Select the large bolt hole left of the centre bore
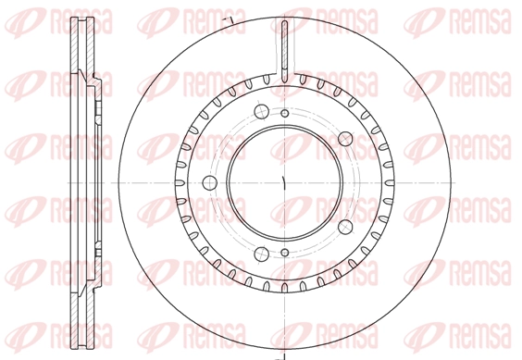[x=210, y=183]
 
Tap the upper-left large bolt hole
[x=261, y=111]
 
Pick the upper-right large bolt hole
[x=345, y=139]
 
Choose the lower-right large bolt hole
[x=345, y=227]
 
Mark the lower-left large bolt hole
[x=261, y=254]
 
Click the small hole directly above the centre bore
[x=285, y=114]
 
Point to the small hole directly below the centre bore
[x=285, y=253]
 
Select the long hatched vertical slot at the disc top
[x=285, y=51]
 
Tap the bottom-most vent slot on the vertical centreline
[x=285, y=287]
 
